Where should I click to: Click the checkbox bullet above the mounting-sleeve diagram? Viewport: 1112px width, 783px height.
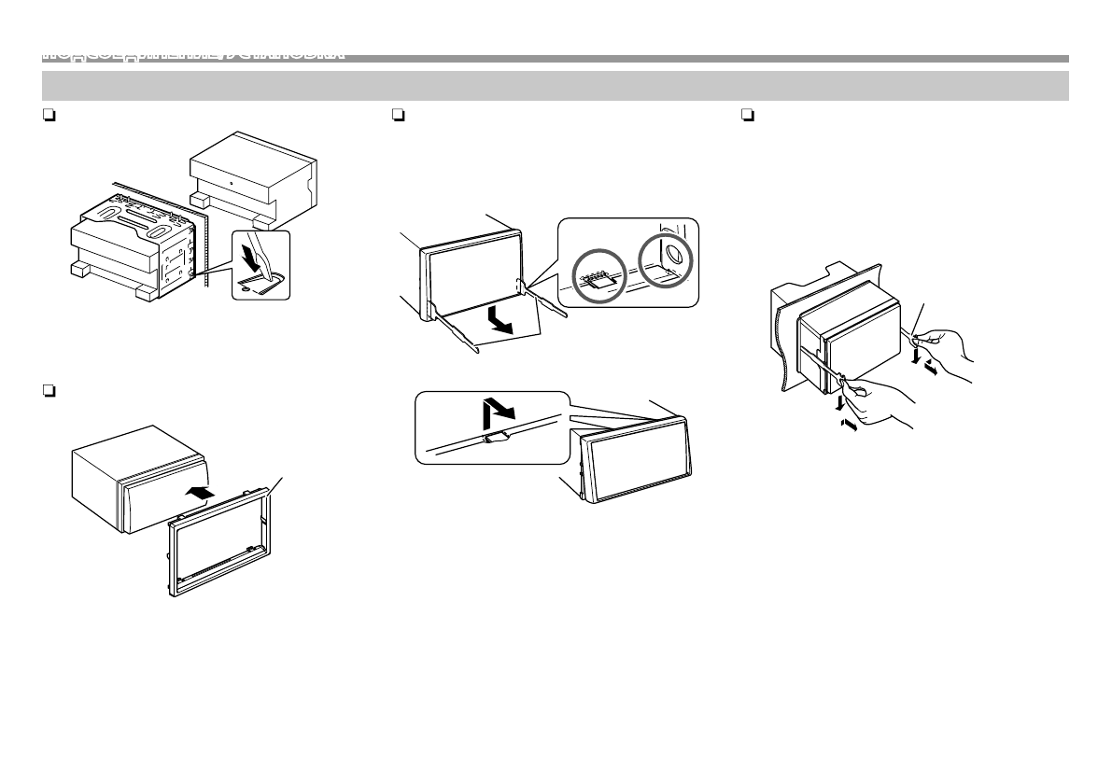(x=47, y=116)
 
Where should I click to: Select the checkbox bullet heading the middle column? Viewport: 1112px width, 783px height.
(x=398, y=116)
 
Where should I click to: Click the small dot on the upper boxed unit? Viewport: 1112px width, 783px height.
(x=230, y=176)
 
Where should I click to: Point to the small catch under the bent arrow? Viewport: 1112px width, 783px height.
(x=497, y=435)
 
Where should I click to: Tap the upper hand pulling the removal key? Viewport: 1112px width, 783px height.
(x=948, y=350)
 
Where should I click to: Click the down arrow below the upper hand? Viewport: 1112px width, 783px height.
(x=914, y=356)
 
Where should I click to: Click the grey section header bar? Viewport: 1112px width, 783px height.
(x=555, y=85)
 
